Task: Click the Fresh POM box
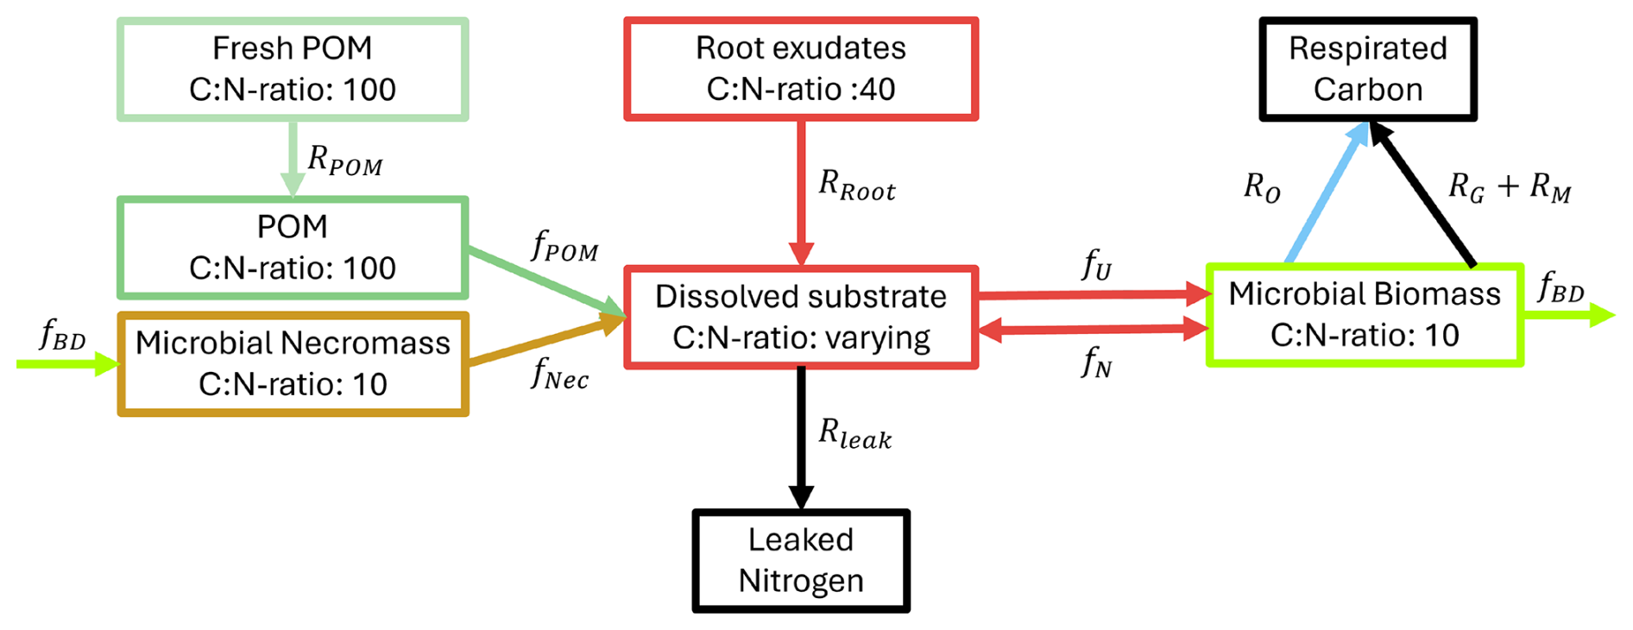click(x=293, y=69)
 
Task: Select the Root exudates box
click(x=800, y=69)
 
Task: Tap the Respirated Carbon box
click(x=1367, y=69)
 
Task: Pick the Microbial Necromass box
click(x=293, y=364)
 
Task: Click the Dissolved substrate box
click(x=800, y=318)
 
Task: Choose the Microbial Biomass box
click(x=1364, y=315)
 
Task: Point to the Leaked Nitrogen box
click(x=800, y=561)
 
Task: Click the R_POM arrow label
click(x=344, y=161)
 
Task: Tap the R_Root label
click(x=856, y=185)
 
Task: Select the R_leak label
click(x=854, y=433)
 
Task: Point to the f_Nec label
click(x=560, y=374)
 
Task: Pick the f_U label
click(x=1097, y=265)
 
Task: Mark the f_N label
click(x=1097, y=362)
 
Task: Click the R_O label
click(x=1262, y=186)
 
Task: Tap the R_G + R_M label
click(x=1509, y=186)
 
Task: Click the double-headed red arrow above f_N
click(x=1093, y=328)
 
